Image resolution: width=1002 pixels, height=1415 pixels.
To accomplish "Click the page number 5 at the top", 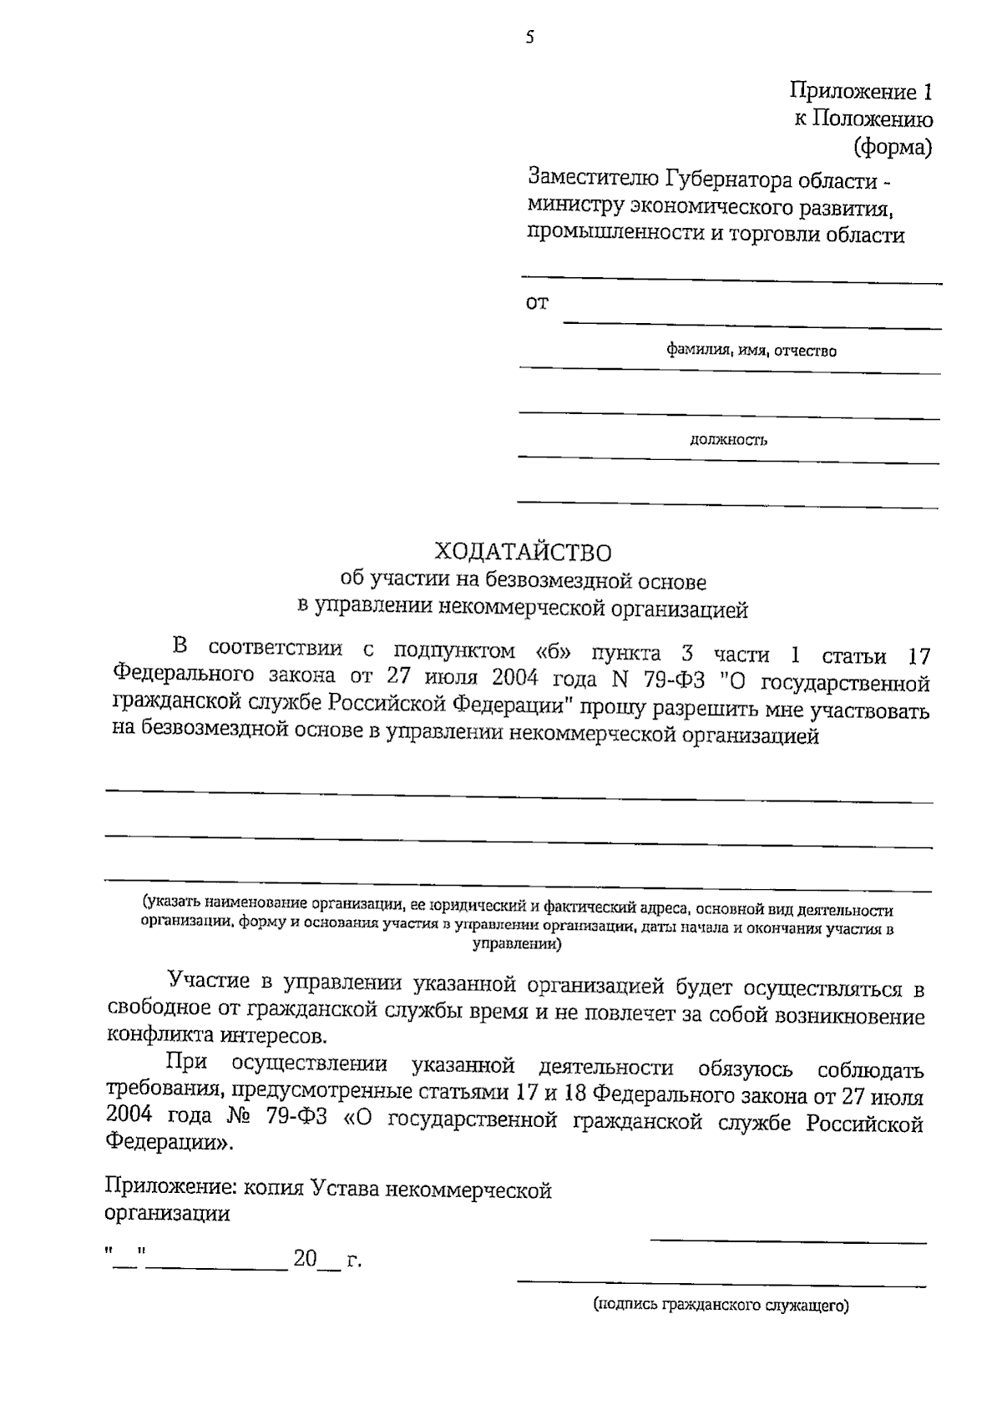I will [x=529, y=37].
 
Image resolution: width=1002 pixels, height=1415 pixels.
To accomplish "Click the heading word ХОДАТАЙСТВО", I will [x=523, y=553].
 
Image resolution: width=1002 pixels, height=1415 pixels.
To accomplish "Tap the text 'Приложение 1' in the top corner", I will [x=861, y=91].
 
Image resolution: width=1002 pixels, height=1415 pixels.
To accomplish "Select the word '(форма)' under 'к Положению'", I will [x=892, y=148].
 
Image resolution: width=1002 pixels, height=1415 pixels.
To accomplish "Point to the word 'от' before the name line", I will [x=537, y=303].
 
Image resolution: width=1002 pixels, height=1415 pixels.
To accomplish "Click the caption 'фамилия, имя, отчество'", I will [x=751, y=351].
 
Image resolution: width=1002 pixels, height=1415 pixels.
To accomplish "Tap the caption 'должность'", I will [x=728, y=440].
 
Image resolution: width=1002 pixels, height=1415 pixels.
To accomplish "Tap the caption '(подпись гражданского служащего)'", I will [x=721, y=1305].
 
